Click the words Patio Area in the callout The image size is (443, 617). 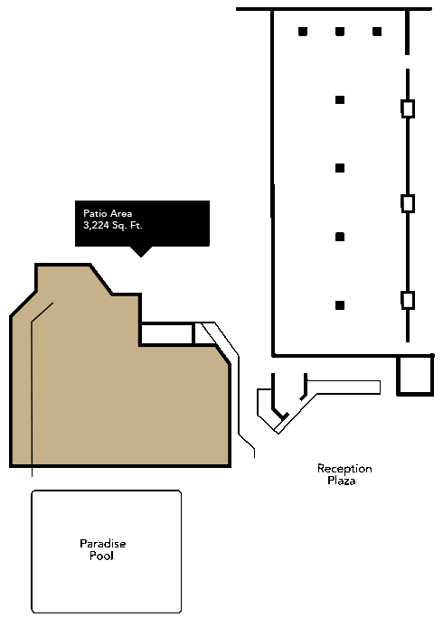pos(108,214)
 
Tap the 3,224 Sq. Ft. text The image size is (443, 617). pos(113,226)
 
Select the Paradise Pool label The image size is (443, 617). pos(102,550)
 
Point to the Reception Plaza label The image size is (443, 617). pos(344,474)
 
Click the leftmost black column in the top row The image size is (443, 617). pos(303,32)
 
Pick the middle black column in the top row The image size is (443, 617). pos(340,32)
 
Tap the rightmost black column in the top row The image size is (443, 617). pos(377,32)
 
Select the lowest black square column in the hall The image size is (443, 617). pos(340,305)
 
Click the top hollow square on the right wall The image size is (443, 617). pos(408,108)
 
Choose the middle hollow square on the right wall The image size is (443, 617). pos(408,203)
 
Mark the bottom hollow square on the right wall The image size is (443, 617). pos(408,300)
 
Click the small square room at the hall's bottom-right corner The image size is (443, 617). pos(415,375)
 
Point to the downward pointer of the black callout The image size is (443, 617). pos(141,252)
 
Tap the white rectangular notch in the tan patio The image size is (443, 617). pos(166,334)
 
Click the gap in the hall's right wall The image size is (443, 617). pos(408,61)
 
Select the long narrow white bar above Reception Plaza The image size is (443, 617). pos(344,388)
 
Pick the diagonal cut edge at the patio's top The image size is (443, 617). pos(101,279)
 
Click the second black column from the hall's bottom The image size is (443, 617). pos(340,237)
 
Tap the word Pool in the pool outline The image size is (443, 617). pos(101,556)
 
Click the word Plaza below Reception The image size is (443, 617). pos(342,481)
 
